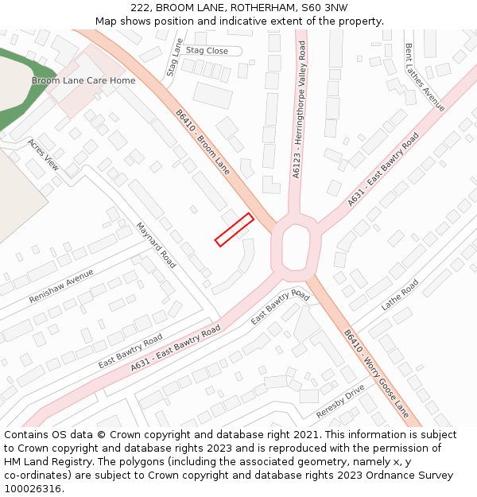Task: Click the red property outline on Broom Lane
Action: point(234,230)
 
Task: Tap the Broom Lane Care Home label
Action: point(83,80)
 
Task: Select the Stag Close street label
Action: point(207,51)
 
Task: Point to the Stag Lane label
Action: point(175,57)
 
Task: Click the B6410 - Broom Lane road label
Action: point(203,142)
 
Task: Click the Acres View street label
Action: point(43,154)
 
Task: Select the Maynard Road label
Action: point(156,245)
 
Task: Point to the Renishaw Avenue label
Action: point(61,285)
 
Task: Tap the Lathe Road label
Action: point(399,293)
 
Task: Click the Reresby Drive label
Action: point(340,401)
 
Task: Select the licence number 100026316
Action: point(33,489)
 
